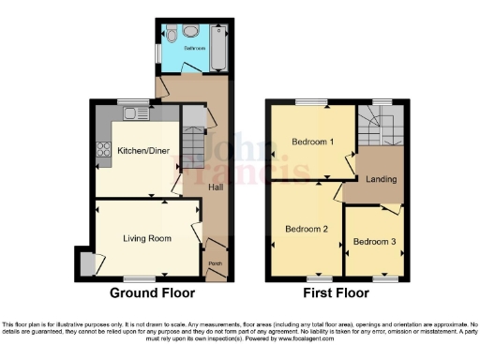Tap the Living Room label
point(147,239)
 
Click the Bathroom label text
point(194,46)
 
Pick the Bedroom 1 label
point(312,142)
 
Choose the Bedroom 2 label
point(307,229)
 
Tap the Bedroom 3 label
point(374,243)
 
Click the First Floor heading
point(335,292)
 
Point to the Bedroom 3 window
point(385,279)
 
